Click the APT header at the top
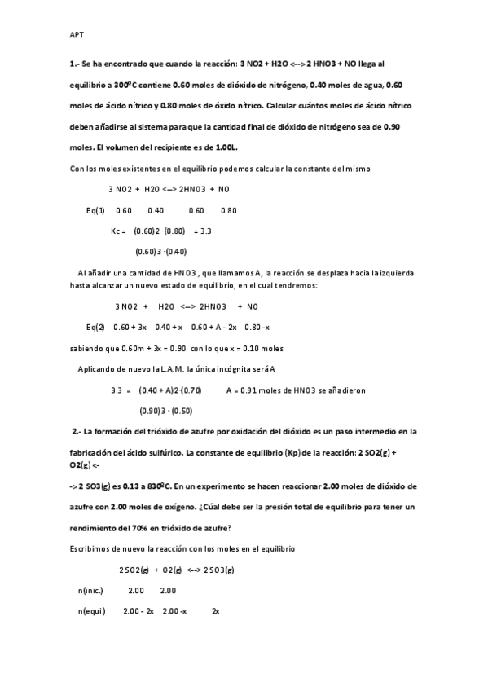pyautogui.click(x=76, y=35)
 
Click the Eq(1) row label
pyautogui.click(x=95, y=210)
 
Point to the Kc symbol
pyautogui.click(x=118, y=231)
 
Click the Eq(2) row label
pyautogui.click(x=95, y=328)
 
